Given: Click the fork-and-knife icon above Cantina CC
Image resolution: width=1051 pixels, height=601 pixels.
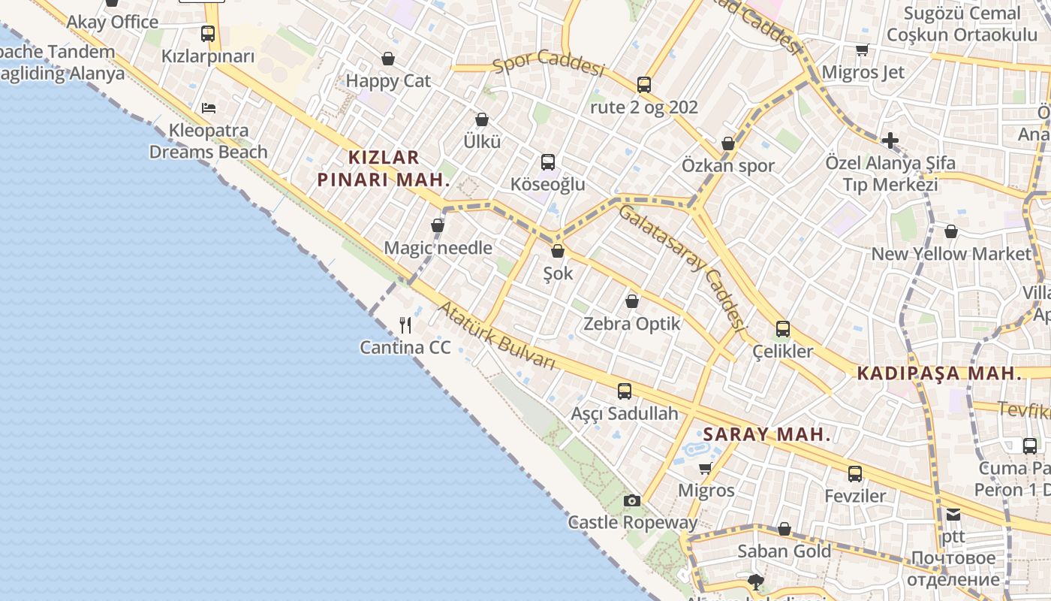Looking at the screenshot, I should coord(405,325).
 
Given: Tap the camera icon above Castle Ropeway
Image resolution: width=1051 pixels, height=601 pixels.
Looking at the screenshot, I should coord(632,500).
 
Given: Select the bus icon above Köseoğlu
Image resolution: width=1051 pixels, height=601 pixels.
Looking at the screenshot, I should coord(548,162).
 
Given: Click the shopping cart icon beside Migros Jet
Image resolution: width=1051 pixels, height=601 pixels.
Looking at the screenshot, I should coord(862,50).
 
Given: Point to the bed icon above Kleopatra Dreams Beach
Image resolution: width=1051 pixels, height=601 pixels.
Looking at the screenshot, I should coord(209,107).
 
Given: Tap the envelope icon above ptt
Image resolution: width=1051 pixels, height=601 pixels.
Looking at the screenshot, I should coord(953,515).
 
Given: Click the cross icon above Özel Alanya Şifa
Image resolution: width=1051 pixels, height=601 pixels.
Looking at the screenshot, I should coord(890,140).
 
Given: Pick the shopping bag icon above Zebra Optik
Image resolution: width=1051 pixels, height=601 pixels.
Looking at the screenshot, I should coord(632,301).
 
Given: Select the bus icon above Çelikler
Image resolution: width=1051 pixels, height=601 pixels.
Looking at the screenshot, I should coord(783,328).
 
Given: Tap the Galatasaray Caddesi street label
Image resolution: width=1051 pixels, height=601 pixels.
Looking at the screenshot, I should coord(682,268).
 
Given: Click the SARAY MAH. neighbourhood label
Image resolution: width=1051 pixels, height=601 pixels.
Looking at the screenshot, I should coord(767,434).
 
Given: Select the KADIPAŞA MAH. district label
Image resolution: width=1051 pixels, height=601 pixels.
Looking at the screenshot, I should coord(939,373).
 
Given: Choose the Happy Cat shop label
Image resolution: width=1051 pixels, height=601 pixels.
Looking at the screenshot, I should coord(388,81).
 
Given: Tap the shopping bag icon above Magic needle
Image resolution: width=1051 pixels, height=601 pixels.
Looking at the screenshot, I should coord(438,225).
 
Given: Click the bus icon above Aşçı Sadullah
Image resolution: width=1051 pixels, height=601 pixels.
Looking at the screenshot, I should coord(625,391).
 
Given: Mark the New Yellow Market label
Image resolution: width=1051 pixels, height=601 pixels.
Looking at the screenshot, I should coord(951,254).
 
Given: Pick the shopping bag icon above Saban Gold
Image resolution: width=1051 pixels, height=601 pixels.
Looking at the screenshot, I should coord(784,529).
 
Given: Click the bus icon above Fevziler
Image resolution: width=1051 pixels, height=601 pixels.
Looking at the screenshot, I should coord(855,473).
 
